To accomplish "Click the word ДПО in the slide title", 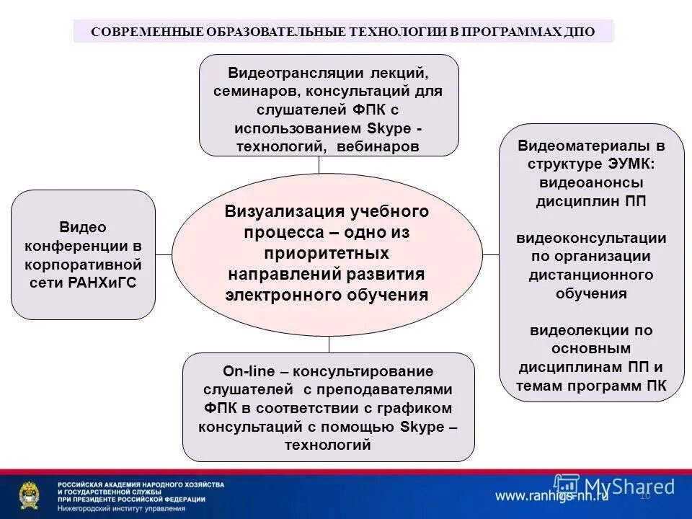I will (x=580, y=32).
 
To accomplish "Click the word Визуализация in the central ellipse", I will (x=274, y=211).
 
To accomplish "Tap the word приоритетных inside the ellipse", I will (x=327, y=254).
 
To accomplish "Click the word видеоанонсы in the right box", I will (x=591, y=182).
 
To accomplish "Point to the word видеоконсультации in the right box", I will (x=591, y=238).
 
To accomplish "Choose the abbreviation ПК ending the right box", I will (x=657, y=386).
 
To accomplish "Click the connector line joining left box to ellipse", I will (x=164, y=254).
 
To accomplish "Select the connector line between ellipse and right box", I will (x=491, y=254).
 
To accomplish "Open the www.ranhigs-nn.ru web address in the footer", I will (x=551, y=495).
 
